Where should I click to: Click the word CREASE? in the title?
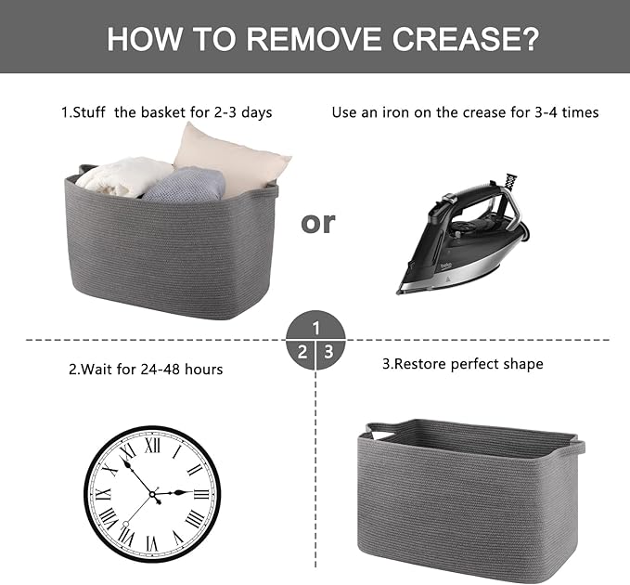pyautogui.click(x=465, y=39)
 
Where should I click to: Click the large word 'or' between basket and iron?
pyautogui.click(x=318, y=223)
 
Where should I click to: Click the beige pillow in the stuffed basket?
pyautogui.click(x=232, y=159)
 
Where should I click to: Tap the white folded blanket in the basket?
pyautogui.click(x=122, y=177)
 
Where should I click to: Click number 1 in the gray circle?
pyautogui.click(x=315, y=328)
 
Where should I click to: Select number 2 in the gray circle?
pyautogui.click(x=302, y=352)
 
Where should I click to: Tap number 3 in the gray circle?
pyautogui.click(x=329, y=352)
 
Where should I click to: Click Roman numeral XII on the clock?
pyautogui.click(x=152, y=445)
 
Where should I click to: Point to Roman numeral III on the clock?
pyautogui.click(x=201, y=494)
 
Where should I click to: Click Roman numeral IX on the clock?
pyautogui.click(x=103, y=494)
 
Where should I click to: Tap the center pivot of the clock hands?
pyautogui.click(x=152, y=494)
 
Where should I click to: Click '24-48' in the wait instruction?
pyautogui.click(x=160, y=370)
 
